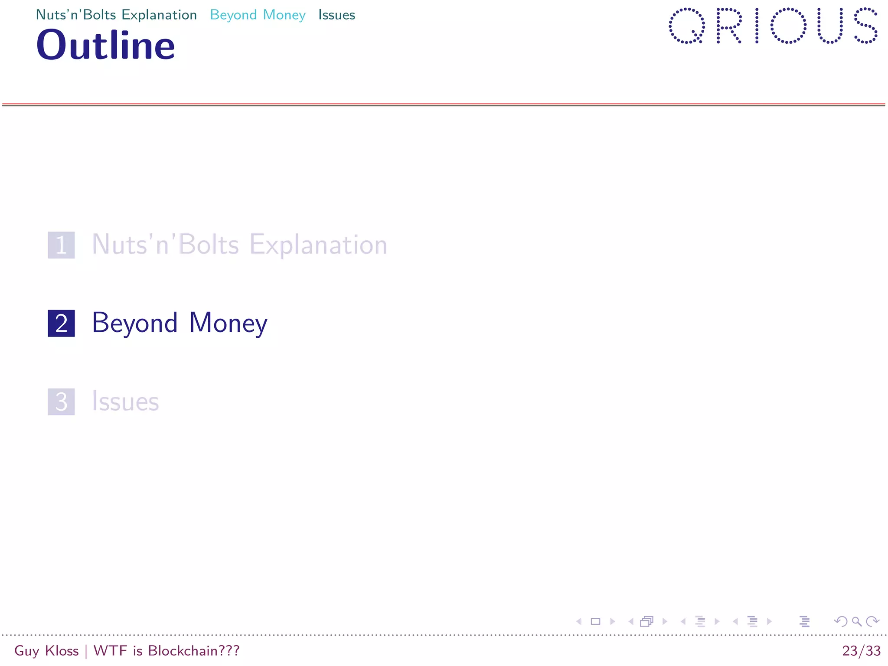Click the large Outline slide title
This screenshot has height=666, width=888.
tap(105, 45)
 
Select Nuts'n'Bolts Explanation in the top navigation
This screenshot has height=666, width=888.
tap(116, 15)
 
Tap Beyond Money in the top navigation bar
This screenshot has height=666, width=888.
tap(258, 15)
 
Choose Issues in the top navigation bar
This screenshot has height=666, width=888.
tap(336, 15)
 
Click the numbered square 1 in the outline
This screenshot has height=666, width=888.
tap(61, 245)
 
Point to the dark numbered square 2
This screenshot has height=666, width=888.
tap(61, 323)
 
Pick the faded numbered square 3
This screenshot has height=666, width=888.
tap(61, 402)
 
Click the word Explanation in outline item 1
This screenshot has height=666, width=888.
tap(318, 245)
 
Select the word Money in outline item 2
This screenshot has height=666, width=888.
tap(228, 323)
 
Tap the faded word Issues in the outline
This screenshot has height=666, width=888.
tap(125, 402)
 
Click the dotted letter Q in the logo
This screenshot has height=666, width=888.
tap(686, 26)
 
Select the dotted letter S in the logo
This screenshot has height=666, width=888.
tap(865, 26)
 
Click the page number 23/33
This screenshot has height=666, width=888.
tap(861, 651)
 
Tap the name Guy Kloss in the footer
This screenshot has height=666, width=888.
tap(46, 651)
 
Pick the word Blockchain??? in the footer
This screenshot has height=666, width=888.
tap(193, 651)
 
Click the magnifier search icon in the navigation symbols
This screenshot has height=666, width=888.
tap(856, 622)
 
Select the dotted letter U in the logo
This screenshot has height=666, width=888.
tap(829, 26)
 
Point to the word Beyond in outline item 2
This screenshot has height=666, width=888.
tap(135, 323)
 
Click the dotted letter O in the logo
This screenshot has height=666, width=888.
tap(788, 26)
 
